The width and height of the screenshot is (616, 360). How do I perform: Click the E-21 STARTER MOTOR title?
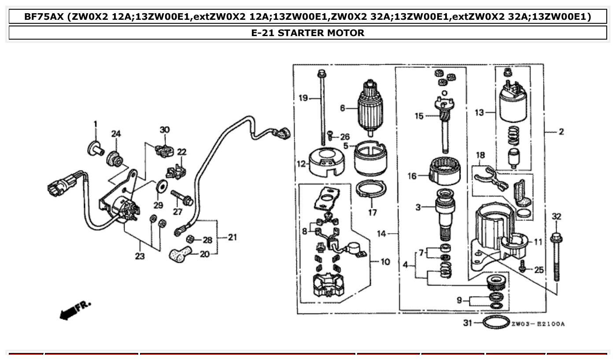tap(308, 33)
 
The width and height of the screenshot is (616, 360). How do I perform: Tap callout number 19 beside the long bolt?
tap(303, 98)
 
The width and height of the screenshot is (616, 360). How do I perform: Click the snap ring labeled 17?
tap(371, 189)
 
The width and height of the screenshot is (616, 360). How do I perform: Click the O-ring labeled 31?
tap(497, 323)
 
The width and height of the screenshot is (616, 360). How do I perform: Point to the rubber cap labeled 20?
tap(181, 254)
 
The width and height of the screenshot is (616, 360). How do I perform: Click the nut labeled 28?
tap(191, 239)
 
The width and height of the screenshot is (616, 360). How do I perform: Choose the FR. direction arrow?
tap(75, 310)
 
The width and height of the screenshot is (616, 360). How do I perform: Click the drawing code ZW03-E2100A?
tap(538, 324)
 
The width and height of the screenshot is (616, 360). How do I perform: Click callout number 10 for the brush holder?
tap(385, 262)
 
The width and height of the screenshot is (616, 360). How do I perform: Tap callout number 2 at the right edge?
tap(561, 132)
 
